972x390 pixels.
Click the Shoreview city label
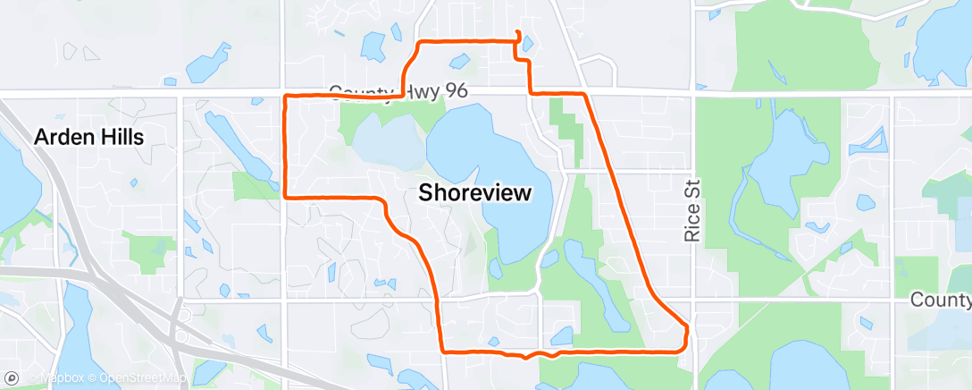click(474, 192)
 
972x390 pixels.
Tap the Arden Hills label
click(89, 137)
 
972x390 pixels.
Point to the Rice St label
click(692, 209)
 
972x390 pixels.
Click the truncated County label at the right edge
click(941, 300)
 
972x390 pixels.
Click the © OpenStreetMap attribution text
click(143, 377)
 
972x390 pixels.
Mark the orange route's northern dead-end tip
click(518, 34)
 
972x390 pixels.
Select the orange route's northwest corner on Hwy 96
click(285, 95)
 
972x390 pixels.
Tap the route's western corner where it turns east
click(285, 196)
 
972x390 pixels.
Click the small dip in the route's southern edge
click(526, 357)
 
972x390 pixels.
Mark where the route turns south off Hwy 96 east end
click(584, 93)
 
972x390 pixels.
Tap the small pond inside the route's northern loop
click(459, 62)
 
